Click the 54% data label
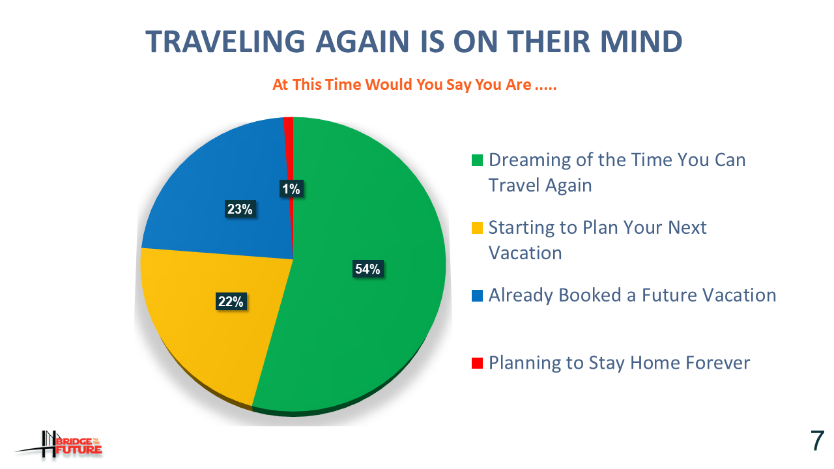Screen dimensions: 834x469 (367, 269)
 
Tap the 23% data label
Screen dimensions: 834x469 (240, 209)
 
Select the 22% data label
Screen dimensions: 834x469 (231, 301)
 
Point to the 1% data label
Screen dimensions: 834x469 (291, 189)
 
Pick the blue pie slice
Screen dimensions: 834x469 (223, 186)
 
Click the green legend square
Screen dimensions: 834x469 (478, 160)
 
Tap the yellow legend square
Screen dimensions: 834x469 (478, 228)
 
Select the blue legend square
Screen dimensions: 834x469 (478, 296)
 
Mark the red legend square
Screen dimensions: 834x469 (478, 363)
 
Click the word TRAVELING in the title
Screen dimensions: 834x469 (225, 41)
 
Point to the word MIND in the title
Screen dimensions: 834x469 (642, 41)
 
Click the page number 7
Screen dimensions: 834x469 (817, 441)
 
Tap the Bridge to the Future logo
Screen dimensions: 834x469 (59, 444)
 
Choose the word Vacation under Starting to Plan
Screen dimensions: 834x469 (525, 253)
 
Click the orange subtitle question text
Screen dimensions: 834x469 (414, 85)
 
